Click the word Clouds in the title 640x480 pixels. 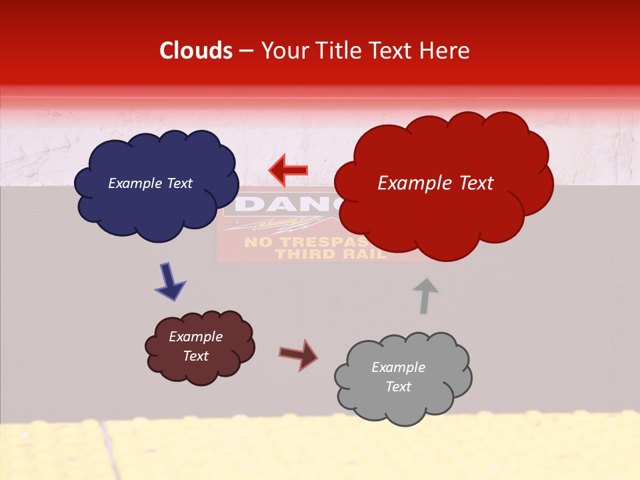196,51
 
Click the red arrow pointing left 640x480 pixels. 288,170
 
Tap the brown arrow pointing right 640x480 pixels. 299,354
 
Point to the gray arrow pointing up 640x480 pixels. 425,295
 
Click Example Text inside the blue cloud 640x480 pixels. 150,183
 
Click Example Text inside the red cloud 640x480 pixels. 435,183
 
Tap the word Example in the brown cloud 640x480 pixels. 195,337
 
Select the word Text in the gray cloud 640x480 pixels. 398,387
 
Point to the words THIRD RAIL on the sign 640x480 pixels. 331,254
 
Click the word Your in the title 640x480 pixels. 281,51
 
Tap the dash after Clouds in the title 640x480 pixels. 246,51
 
